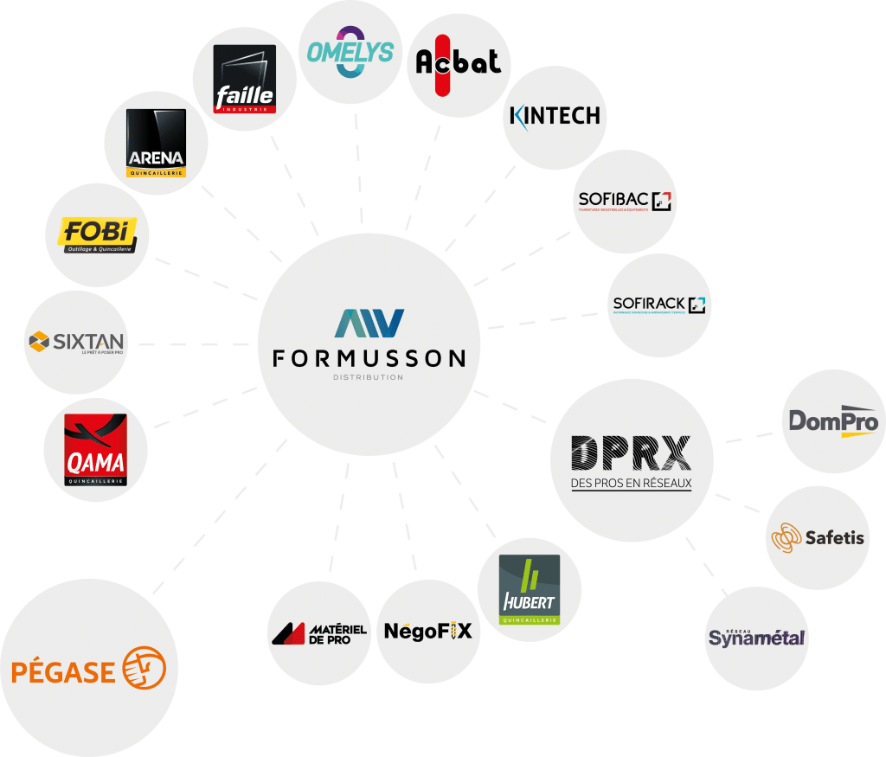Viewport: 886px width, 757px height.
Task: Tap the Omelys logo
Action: click(x=350, y=52)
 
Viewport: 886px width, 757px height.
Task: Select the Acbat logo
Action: click(x=458, y=61)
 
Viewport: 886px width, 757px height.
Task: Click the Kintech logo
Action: click(x=555, y=116)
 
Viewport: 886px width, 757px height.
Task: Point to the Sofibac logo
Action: click(x=625, y=202)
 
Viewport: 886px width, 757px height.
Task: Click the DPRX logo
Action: click(x=632, y=453)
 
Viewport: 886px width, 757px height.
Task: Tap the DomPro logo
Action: click(x=833, y=421)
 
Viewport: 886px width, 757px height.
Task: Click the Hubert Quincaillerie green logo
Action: click(x=530, y=590)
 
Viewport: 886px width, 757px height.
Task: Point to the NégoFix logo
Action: click(x=428, y=631)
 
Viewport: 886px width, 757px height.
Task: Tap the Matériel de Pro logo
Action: click(x=318, y=633)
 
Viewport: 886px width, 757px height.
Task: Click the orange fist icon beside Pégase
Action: click(x=144, y=669)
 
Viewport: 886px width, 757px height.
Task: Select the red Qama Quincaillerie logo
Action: click(x=96, y=449)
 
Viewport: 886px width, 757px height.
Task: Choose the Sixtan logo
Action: click(x=76, y=342)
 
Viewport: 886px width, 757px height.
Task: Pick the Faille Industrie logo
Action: click(x=245, y=80)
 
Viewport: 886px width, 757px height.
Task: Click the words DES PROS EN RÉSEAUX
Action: click(x=632, y=483)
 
